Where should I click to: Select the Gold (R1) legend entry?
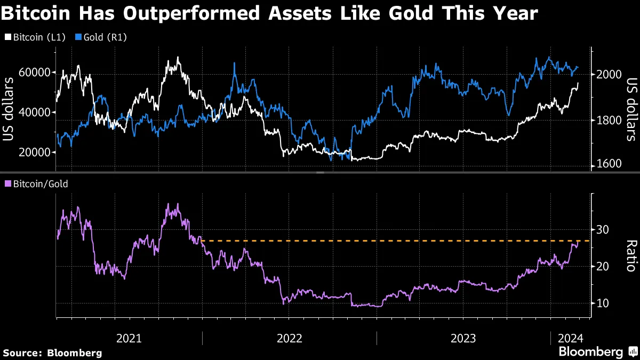coord(102,37)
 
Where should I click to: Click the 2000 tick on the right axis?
coord(607,75)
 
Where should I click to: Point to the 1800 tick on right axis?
coord(607,120)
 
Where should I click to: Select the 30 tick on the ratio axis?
coord(602,230)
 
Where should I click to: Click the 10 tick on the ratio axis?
coord(602,303)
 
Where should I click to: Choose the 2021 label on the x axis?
coord(129,338)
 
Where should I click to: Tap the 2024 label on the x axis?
coord(571,338)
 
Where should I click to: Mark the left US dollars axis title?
coord(9,109)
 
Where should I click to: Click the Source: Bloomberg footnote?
coord(52,353)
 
